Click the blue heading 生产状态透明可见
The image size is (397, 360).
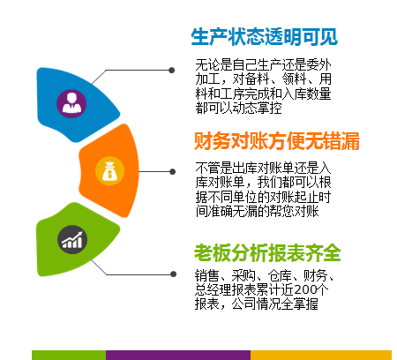pos(264,37)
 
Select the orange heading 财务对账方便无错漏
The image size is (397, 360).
pos(277,141)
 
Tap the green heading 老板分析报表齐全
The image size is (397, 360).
pos(267,253)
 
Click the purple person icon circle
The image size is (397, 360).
pos(71,104)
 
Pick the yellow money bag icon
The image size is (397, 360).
pos(109,171)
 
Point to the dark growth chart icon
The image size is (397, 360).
pos(72,240)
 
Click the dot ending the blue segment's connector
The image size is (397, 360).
pos(172,71)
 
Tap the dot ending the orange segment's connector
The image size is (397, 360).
pos(173,171)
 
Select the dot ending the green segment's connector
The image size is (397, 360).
pos(173,274)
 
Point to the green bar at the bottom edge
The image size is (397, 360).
pos(69,355)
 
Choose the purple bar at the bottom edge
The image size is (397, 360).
pos(178,355)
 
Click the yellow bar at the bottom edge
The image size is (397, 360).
pos(321,355)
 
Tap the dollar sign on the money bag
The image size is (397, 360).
pos(109,174)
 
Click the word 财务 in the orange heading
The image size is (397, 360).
pos(212,141)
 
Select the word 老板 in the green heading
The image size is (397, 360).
pos(212,253)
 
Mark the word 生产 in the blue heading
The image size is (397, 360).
pos(209,37)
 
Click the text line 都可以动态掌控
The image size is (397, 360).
pos(239,108)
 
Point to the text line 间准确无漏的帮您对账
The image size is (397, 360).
pos(258,211)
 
